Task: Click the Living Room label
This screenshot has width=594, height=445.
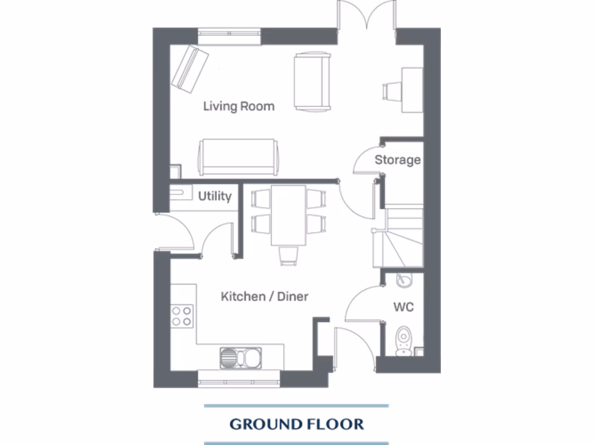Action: tap(238, 107)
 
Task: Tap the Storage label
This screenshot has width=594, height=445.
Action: tap(397, 160)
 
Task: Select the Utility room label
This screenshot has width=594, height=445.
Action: tap(215, 196)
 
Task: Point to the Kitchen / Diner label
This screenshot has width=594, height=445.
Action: tap(265, 297)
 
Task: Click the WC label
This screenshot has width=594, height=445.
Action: tap(404, 307)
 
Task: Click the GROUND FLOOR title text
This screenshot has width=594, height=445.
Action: tap(296, 424)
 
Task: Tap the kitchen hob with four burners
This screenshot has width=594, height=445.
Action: tap(182, 315)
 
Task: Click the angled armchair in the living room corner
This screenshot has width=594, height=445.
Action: tap(190, 69)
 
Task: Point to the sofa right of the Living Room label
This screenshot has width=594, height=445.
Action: tap(312, 81)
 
